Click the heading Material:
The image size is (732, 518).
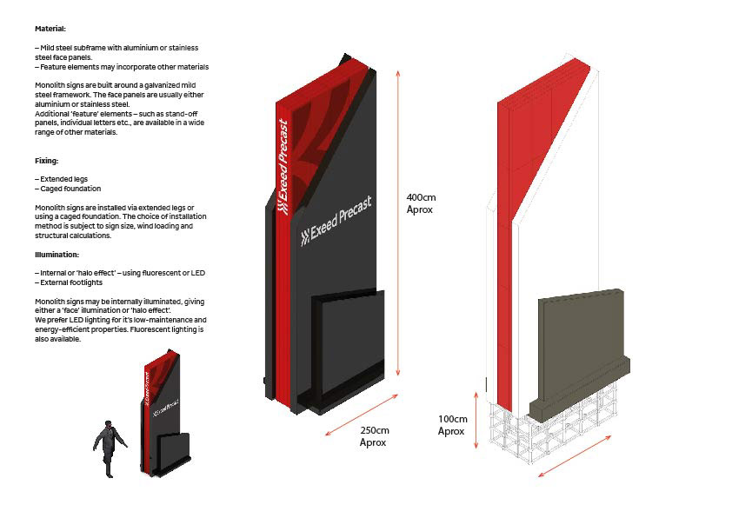click(50, 29)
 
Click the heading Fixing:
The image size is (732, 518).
click(47, 161)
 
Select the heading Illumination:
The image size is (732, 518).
click(57, 255)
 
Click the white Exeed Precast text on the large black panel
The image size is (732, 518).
click(336, 221)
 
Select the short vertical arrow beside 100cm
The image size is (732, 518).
click(476, 421)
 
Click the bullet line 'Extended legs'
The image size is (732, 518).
click(63, 179)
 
